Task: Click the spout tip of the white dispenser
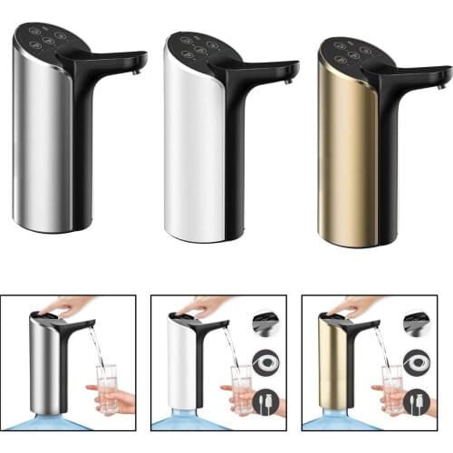click(x=293, y=73)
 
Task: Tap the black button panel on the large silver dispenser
click(x=49, y=38)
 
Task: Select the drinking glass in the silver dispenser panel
click(x=107, y=387)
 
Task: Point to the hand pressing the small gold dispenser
click(x=358, y=306)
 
